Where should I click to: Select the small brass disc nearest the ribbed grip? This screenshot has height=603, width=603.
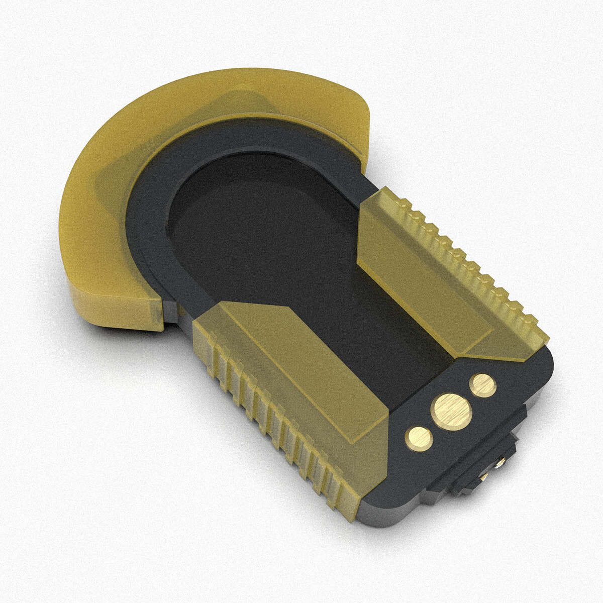419,438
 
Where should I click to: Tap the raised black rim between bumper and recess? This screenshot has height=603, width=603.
151,221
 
